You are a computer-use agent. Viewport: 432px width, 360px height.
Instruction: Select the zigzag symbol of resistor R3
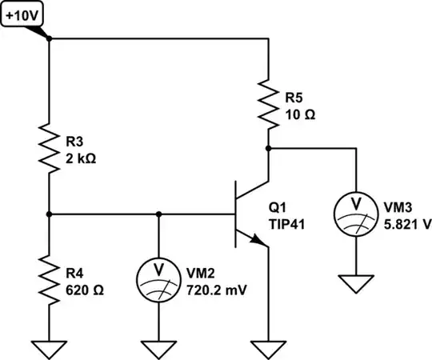[49, 146]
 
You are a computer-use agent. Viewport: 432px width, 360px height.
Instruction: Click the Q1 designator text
[281, 206]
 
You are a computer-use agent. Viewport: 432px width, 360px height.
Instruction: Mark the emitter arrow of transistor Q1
[255, 239]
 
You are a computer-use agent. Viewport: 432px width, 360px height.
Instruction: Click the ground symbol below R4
[49, 347]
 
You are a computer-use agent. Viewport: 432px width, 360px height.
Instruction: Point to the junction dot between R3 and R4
[49, 214]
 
